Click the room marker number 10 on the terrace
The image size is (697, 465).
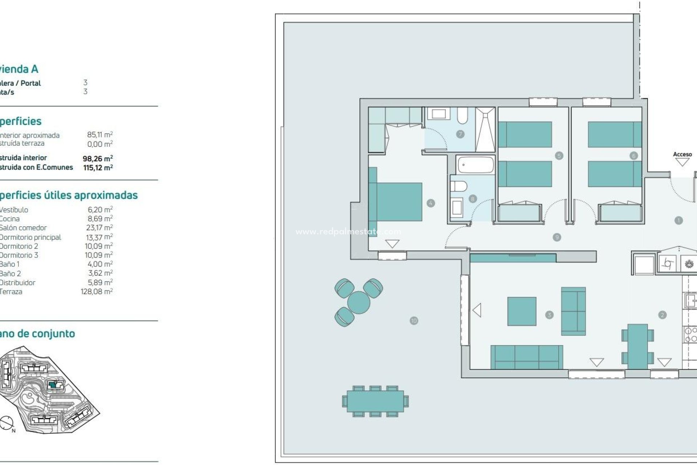[x=414, y=320]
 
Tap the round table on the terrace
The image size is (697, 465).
[x=358, y=302]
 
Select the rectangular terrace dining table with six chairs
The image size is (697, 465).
[x=375, y=401]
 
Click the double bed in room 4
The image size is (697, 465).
[x=398, y=202]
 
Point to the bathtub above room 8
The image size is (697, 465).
[x=475, y=165]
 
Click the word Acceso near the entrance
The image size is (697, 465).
[x=682, y=154]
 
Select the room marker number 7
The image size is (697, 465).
[x=460, y=134]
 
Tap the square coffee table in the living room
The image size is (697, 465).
[x=522, y=311]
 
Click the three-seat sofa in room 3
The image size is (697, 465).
[x=526, y=357]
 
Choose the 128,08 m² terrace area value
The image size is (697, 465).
[x=97, y=291]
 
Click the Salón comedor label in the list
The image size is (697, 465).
[x=23, y=228]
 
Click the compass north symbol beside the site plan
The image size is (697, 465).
[x=7, y=423]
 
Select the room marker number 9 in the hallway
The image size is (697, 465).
[x=557, y=237]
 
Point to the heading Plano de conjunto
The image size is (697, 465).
[x=37, y=333]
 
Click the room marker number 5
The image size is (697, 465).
[x=559, y=156]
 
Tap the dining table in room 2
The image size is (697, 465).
[x=637, y=346]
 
